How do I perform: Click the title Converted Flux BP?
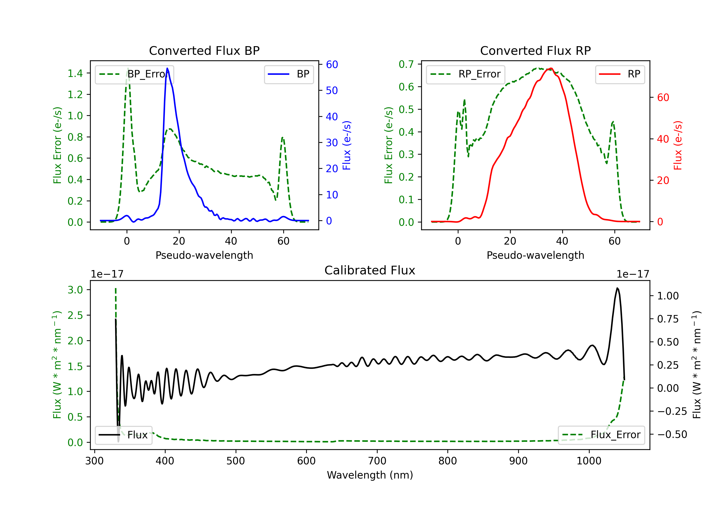point(204,50)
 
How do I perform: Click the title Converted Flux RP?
point(535,50)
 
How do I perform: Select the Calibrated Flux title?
point(370,270)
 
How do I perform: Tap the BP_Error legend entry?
point(134,74)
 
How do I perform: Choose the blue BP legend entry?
point(289,74)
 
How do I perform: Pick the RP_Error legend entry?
point(465,74)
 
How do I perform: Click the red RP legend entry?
point(620,74)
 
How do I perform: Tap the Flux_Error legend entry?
point(601,435)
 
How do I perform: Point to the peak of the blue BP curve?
point(167,68)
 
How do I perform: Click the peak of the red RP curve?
point(551,69)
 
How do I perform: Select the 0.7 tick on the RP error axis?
point(406,64)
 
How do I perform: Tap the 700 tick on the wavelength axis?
point(377,461)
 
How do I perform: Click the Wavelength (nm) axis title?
point(370,475)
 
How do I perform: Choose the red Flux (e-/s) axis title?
point(678,145)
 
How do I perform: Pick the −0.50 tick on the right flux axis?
point(672,434)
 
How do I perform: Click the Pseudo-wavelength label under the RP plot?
point(535,255)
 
